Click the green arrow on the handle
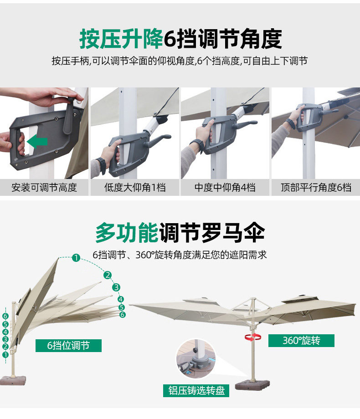[x=37, y=141]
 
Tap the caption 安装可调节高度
[x=44, y=187]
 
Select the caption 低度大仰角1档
[x=135, y=187]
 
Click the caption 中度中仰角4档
[x=225, y=187]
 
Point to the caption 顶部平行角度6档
[x=316, y=187]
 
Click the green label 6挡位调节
[x=68, y=346]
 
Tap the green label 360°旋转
[x=301, y=341]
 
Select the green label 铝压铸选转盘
[x=196, y=391]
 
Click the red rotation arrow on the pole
[x=253, y=337]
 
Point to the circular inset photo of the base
[x=196, y=358]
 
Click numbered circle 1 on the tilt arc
[x=76, y=258]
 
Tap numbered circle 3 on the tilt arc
[x=116, y=287]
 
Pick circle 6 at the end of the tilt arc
[x=123, y=315]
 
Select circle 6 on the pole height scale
[x=5, y=316]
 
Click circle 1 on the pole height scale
[x=5, y=355]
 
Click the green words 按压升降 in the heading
[x=121, y=39]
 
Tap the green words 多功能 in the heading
[x=127, y=233]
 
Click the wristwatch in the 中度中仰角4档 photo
[x=198, y=145]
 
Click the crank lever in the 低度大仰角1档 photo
[x=158, y=141]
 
